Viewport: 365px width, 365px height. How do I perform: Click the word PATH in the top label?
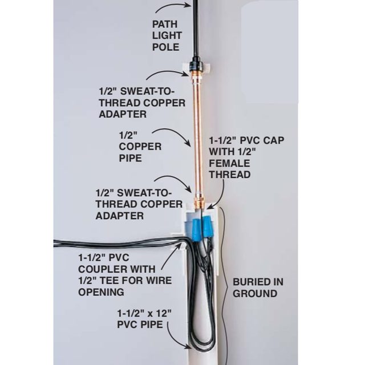[x=165, y=24]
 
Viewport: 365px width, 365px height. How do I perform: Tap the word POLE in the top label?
[x=166, y=47]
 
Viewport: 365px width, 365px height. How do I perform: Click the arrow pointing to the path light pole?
[x=173, y=6]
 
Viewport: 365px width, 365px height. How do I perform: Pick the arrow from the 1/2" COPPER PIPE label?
[x=172, y=136]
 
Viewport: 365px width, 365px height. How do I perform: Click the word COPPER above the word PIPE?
[x=140, y=147]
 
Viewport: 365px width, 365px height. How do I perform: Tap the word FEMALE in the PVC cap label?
[x=229, y=163]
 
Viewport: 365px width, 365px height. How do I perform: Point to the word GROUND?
[x=255, y=294]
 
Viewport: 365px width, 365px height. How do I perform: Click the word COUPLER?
[x=103, y=269]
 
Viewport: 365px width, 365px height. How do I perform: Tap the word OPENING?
[x=101, y=292]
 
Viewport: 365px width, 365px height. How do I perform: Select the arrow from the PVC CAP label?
[x=221, y=196]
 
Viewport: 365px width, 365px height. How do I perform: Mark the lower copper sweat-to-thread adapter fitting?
[x=200, y=201]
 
